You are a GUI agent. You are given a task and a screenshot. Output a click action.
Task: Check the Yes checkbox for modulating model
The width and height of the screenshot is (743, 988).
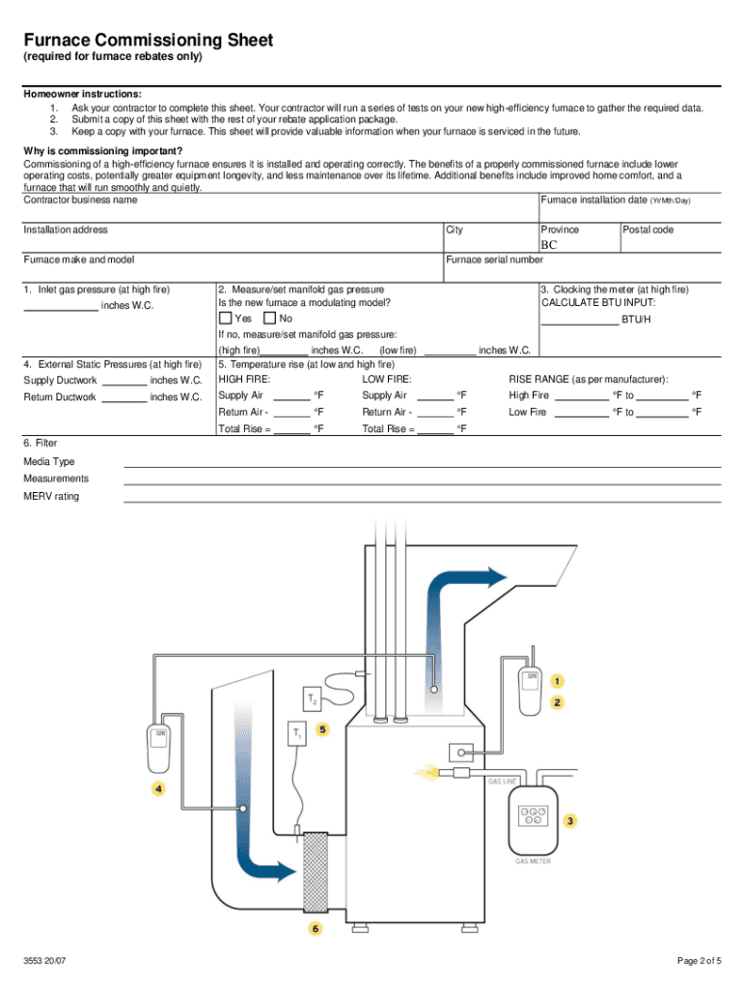point(225,318)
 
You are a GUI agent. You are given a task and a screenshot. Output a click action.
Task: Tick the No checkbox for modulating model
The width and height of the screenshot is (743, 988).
point(269,318)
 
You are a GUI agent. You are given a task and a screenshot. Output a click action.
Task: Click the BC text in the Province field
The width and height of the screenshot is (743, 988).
point(549,245)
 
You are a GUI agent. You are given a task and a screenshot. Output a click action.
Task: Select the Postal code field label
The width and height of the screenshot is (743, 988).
point(647,230)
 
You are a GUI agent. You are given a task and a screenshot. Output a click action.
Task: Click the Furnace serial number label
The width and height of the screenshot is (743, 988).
point(494,260)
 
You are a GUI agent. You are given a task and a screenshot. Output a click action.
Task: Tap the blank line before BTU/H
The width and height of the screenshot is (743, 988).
point(579,318)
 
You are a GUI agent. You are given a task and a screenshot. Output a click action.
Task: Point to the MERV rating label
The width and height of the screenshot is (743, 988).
point(51,496)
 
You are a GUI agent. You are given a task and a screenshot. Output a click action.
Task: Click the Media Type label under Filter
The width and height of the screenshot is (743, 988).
point(49,461)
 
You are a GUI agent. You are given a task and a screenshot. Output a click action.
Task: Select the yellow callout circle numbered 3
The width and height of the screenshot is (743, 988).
point(570,821)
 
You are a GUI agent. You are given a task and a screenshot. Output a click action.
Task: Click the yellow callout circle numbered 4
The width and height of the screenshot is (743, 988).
point(157,788)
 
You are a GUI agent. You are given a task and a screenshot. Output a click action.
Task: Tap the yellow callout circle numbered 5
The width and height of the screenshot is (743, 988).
point(322,729)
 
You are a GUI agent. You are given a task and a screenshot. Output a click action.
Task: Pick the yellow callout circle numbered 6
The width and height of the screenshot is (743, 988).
point(315,929)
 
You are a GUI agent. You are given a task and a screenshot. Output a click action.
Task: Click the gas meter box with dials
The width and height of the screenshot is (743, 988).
point(533,822)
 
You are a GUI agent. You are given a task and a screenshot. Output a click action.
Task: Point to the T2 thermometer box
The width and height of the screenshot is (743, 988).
point(312,697)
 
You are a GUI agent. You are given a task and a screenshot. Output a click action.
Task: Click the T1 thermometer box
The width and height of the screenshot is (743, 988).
point(296,733)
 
